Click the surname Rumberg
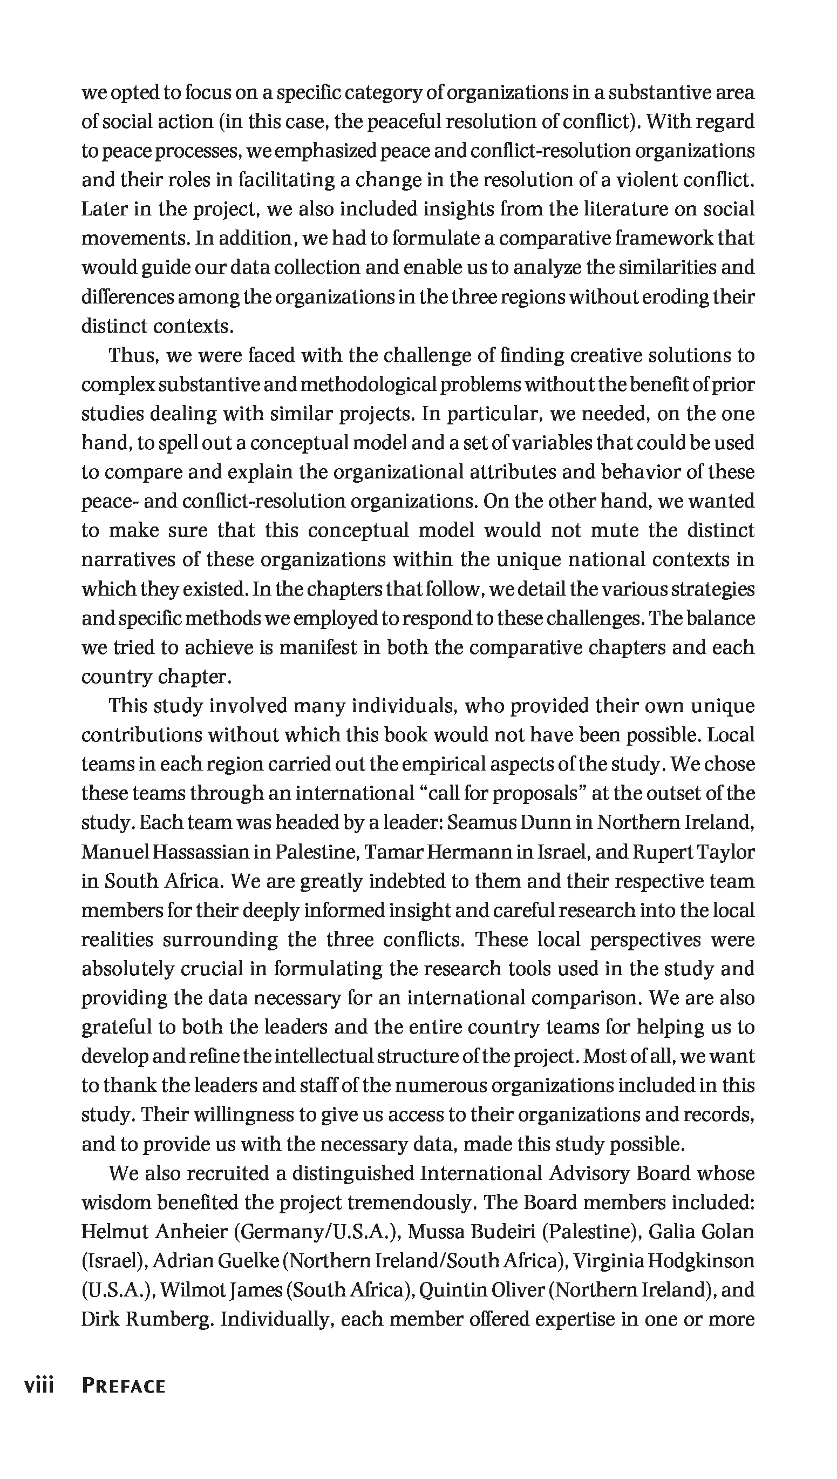point(170,1319)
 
